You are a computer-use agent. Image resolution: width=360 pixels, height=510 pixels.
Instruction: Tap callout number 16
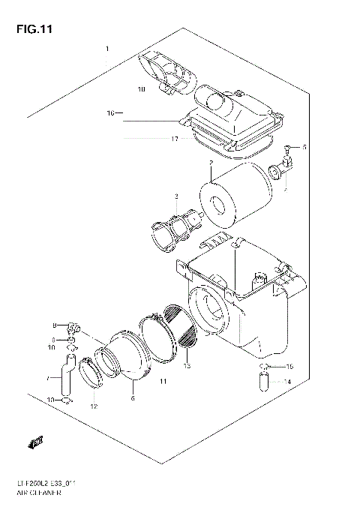click(x=110, y=114)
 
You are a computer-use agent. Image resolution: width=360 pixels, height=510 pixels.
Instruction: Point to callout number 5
click(x=304, y=148)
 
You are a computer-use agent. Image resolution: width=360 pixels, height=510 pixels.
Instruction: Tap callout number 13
click(x=187, y=366)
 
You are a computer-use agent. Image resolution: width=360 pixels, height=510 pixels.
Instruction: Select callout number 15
click(x=290, y=366)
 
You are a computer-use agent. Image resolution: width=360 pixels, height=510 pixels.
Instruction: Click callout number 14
click(x=286, y=382)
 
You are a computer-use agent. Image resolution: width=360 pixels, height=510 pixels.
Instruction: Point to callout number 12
click(x=94, y=406)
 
